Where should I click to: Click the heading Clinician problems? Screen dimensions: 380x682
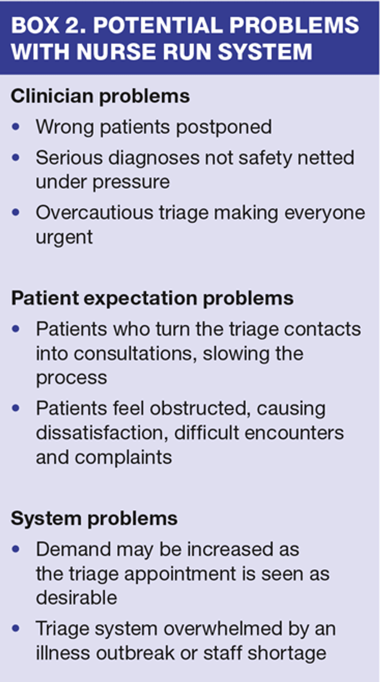click(100, 96)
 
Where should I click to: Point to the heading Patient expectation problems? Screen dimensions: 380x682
click(152, 298)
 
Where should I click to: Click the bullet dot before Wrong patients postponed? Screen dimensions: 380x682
click(17, 127)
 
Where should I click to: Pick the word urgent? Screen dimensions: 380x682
click(64, 237)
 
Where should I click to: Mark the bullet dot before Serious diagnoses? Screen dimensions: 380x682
click(17, 157)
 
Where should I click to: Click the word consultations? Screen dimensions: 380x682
click(115, 353)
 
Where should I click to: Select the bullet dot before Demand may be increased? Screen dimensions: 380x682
click(17, 549)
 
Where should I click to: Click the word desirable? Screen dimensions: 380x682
click(77, 598)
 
